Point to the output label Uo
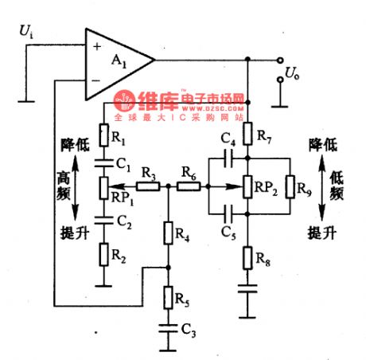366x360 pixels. [x=294, y=76]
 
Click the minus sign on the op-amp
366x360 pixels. [x=97, y=79]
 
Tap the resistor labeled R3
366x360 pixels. [x=146, y=188]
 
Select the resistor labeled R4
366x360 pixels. [x=169, y=233]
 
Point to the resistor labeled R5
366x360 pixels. [x=169, y=297]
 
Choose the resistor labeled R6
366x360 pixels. [x=188, y=188]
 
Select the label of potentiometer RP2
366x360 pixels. [x=267, y=188]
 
